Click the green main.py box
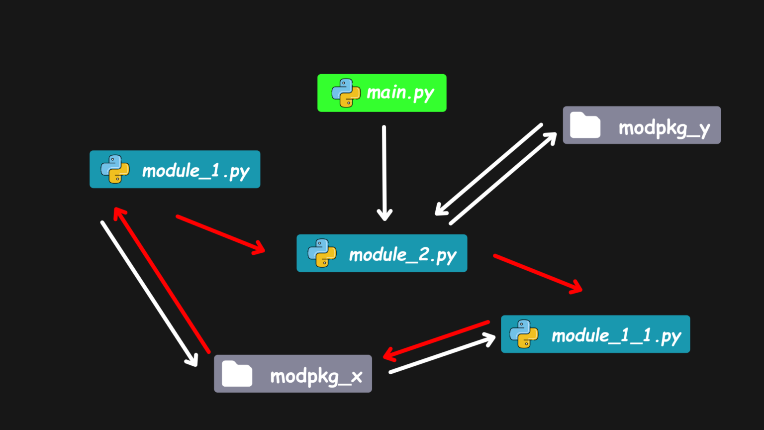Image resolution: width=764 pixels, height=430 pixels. click(382, 93)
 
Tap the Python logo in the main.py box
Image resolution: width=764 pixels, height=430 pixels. click(346, 93)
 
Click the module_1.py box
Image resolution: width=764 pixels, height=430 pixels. click(175, 169)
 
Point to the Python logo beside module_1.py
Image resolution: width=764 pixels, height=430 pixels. click(115, 169)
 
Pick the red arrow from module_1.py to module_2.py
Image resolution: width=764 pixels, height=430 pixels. click(220, 234)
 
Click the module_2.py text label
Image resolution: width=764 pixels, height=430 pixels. click(402, 255)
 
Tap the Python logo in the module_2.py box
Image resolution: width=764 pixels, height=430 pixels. click(322, 253)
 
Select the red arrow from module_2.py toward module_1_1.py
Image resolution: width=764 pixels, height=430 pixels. click(537, 273)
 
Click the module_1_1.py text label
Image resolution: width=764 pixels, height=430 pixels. click(616, 335)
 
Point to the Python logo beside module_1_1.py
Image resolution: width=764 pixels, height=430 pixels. click(524, 334)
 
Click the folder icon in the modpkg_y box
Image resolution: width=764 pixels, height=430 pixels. click(585, 125)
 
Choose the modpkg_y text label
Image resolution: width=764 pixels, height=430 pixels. click(664, 128)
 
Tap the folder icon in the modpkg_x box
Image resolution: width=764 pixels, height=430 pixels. click(237, 374)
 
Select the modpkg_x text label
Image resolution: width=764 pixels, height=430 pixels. click(316, 377)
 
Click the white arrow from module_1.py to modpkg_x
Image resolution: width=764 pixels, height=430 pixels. click(149, 294)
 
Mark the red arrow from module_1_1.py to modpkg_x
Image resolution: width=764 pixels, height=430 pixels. click(436, 340)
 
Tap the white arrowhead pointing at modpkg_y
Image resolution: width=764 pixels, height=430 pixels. click(551, 137)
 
